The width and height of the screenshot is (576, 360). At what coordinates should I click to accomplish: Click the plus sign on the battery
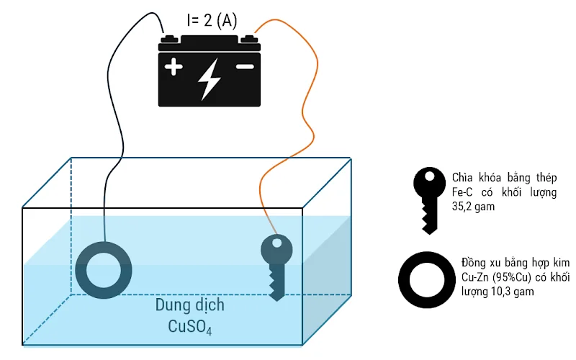click(x=173, y=68)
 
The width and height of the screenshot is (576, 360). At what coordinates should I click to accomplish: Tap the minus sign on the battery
click(x=245, y=67)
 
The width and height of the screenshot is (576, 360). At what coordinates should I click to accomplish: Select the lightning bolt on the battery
click(x=210, y=78)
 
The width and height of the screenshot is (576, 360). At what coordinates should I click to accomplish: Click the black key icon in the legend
click(x=429, y=198)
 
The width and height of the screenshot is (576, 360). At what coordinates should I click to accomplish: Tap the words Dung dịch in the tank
click(x=189, y=305)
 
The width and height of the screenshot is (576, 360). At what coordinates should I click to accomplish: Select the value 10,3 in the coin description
click(x=505, y=291)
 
